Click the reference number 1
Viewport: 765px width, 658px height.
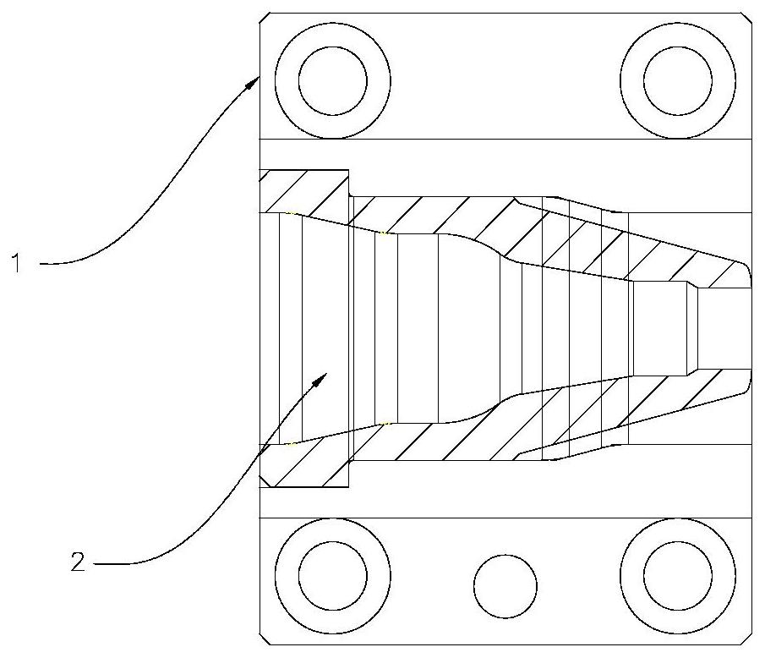[17, 263]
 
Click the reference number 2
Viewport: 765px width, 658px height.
[78, 562]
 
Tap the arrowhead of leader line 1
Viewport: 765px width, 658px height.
[252, 83]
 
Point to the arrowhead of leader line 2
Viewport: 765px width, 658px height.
[320, 379]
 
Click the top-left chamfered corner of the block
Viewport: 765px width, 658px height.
[264, 18]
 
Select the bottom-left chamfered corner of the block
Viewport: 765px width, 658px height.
[264, 639]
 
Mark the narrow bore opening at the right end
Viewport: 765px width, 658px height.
[724, 328]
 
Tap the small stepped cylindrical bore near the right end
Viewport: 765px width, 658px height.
[660, 328]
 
